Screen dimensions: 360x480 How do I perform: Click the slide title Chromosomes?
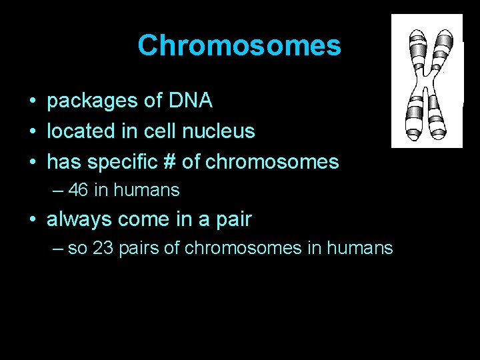pos(239,46)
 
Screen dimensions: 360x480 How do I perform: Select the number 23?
pos(103,249)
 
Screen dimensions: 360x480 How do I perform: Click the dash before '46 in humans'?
pos(59,190)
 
